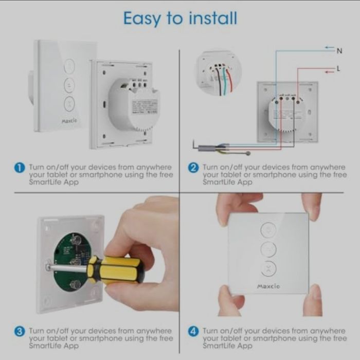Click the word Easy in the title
[142, 19]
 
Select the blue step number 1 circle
[20, 168]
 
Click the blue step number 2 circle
[193, 168]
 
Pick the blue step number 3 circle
[20, 332]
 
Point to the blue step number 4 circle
[193, 332]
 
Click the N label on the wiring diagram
[339, 51]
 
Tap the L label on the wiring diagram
[338, 68]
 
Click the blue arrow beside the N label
[330, 47]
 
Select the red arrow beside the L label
[330, 72]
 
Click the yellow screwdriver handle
[117, 270]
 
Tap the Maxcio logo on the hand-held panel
[268, 286]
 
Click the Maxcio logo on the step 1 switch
[69, 121]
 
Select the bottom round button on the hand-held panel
[268, 269]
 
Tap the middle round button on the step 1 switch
[69, 85]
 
